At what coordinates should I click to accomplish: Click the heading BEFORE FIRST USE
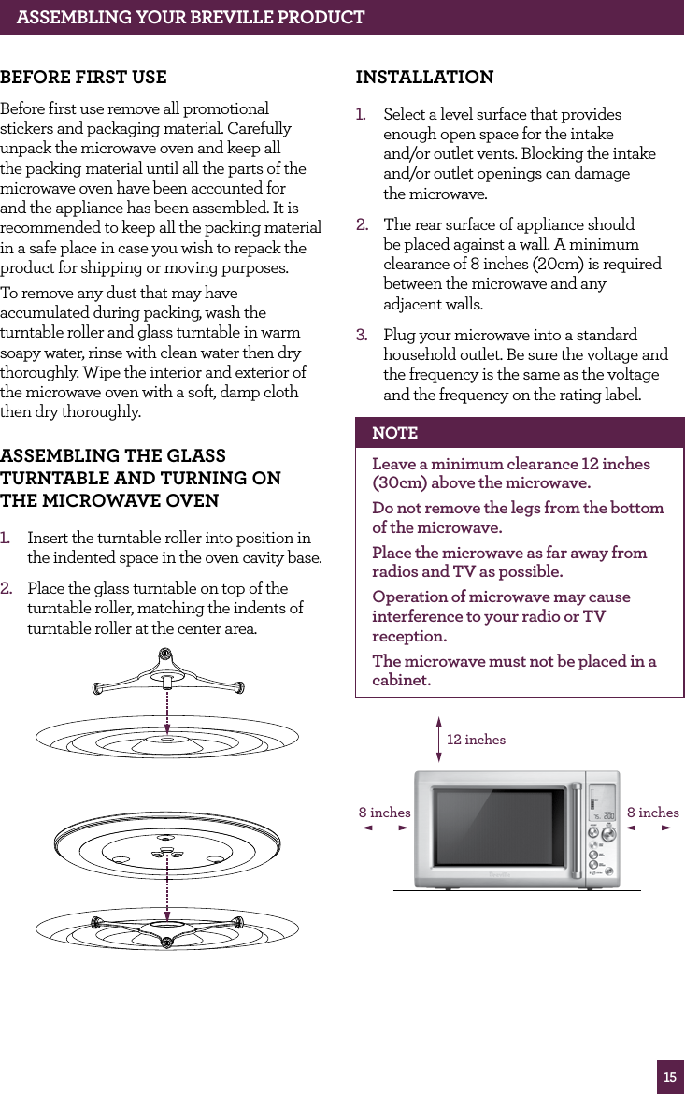pyautogui.click(x=84, y=77)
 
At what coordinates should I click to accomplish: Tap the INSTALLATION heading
pyautogui.click(x=425, y=77)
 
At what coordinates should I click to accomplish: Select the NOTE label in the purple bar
pyautogui.click(x=394, y=433)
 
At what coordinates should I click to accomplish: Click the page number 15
pyautogui.click(x=670, y=1077)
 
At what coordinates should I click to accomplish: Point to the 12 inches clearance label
pyautogui.click(x=476, y=740)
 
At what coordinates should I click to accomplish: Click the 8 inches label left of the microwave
pyautogui.click(x=384, y=813)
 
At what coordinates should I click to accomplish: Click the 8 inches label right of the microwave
pyautogui.click(x=653, y=813)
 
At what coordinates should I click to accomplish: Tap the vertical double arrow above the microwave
pyautogui.click(x=437, y=740)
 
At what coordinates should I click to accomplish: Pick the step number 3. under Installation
pyautogui.click(x=361, y=335)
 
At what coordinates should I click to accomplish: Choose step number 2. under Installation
pyautogui.click(x=361, y=225)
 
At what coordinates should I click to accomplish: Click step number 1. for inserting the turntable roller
pyautogui.click(x=7, y=538)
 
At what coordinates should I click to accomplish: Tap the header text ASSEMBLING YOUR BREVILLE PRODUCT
pyautogui.click(x=191, y=17)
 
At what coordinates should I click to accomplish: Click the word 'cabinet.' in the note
pyautogui.click(x=402, y=681)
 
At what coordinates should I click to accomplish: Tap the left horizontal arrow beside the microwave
pyautogui.click(x=385, y=828)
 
